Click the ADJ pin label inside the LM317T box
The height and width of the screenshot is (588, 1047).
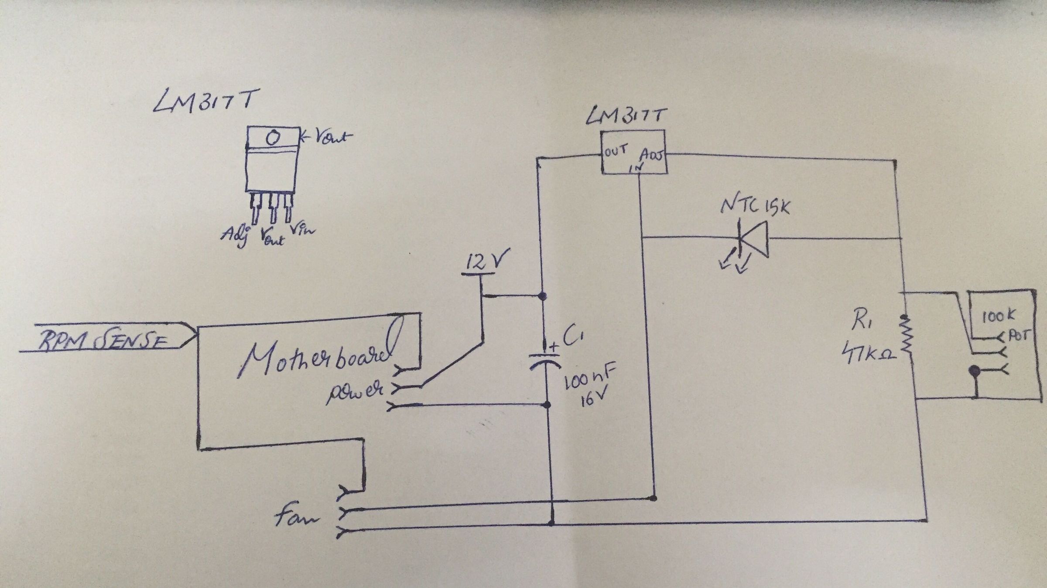pyautogui.click(x=652, y=156)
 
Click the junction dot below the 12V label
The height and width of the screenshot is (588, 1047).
pyautogui.click(x=542, y=296)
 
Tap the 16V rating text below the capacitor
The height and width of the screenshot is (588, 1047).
pyautogui.click(x=591, y=399)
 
